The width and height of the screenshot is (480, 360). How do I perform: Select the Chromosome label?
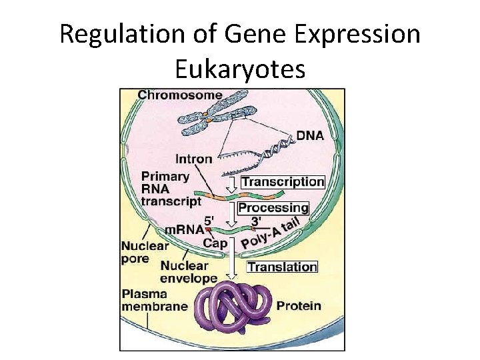click(180, 95)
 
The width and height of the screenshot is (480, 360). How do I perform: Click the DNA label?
click(310, 135)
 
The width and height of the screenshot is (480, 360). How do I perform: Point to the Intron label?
click(193, 159)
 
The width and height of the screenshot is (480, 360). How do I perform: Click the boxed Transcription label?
click(283, 181)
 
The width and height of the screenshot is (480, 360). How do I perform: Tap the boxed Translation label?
click(283, 267)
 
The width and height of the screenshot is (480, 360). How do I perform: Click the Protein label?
click(299, 306)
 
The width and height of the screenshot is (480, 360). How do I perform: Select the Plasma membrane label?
click(155, 300)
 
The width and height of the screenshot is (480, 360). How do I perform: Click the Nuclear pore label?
click(145, 252)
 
